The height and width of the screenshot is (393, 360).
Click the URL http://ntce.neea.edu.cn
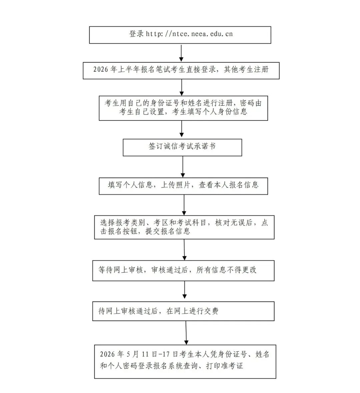tap(189, 34)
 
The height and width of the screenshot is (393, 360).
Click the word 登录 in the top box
tap(136, 34)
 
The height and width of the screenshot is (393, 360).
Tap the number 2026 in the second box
tap(100, 70)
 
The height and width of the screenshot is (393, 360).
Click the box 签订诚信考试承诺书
tap(182, 147)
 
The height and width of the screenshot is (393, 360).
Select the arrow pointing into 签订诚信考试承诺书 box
tap(182, 129)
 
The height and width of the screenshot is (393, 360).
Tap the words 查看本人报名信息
tap(229, 185)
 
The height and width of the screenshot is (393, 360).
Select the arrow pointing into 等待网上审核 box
tap(184, 249)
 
